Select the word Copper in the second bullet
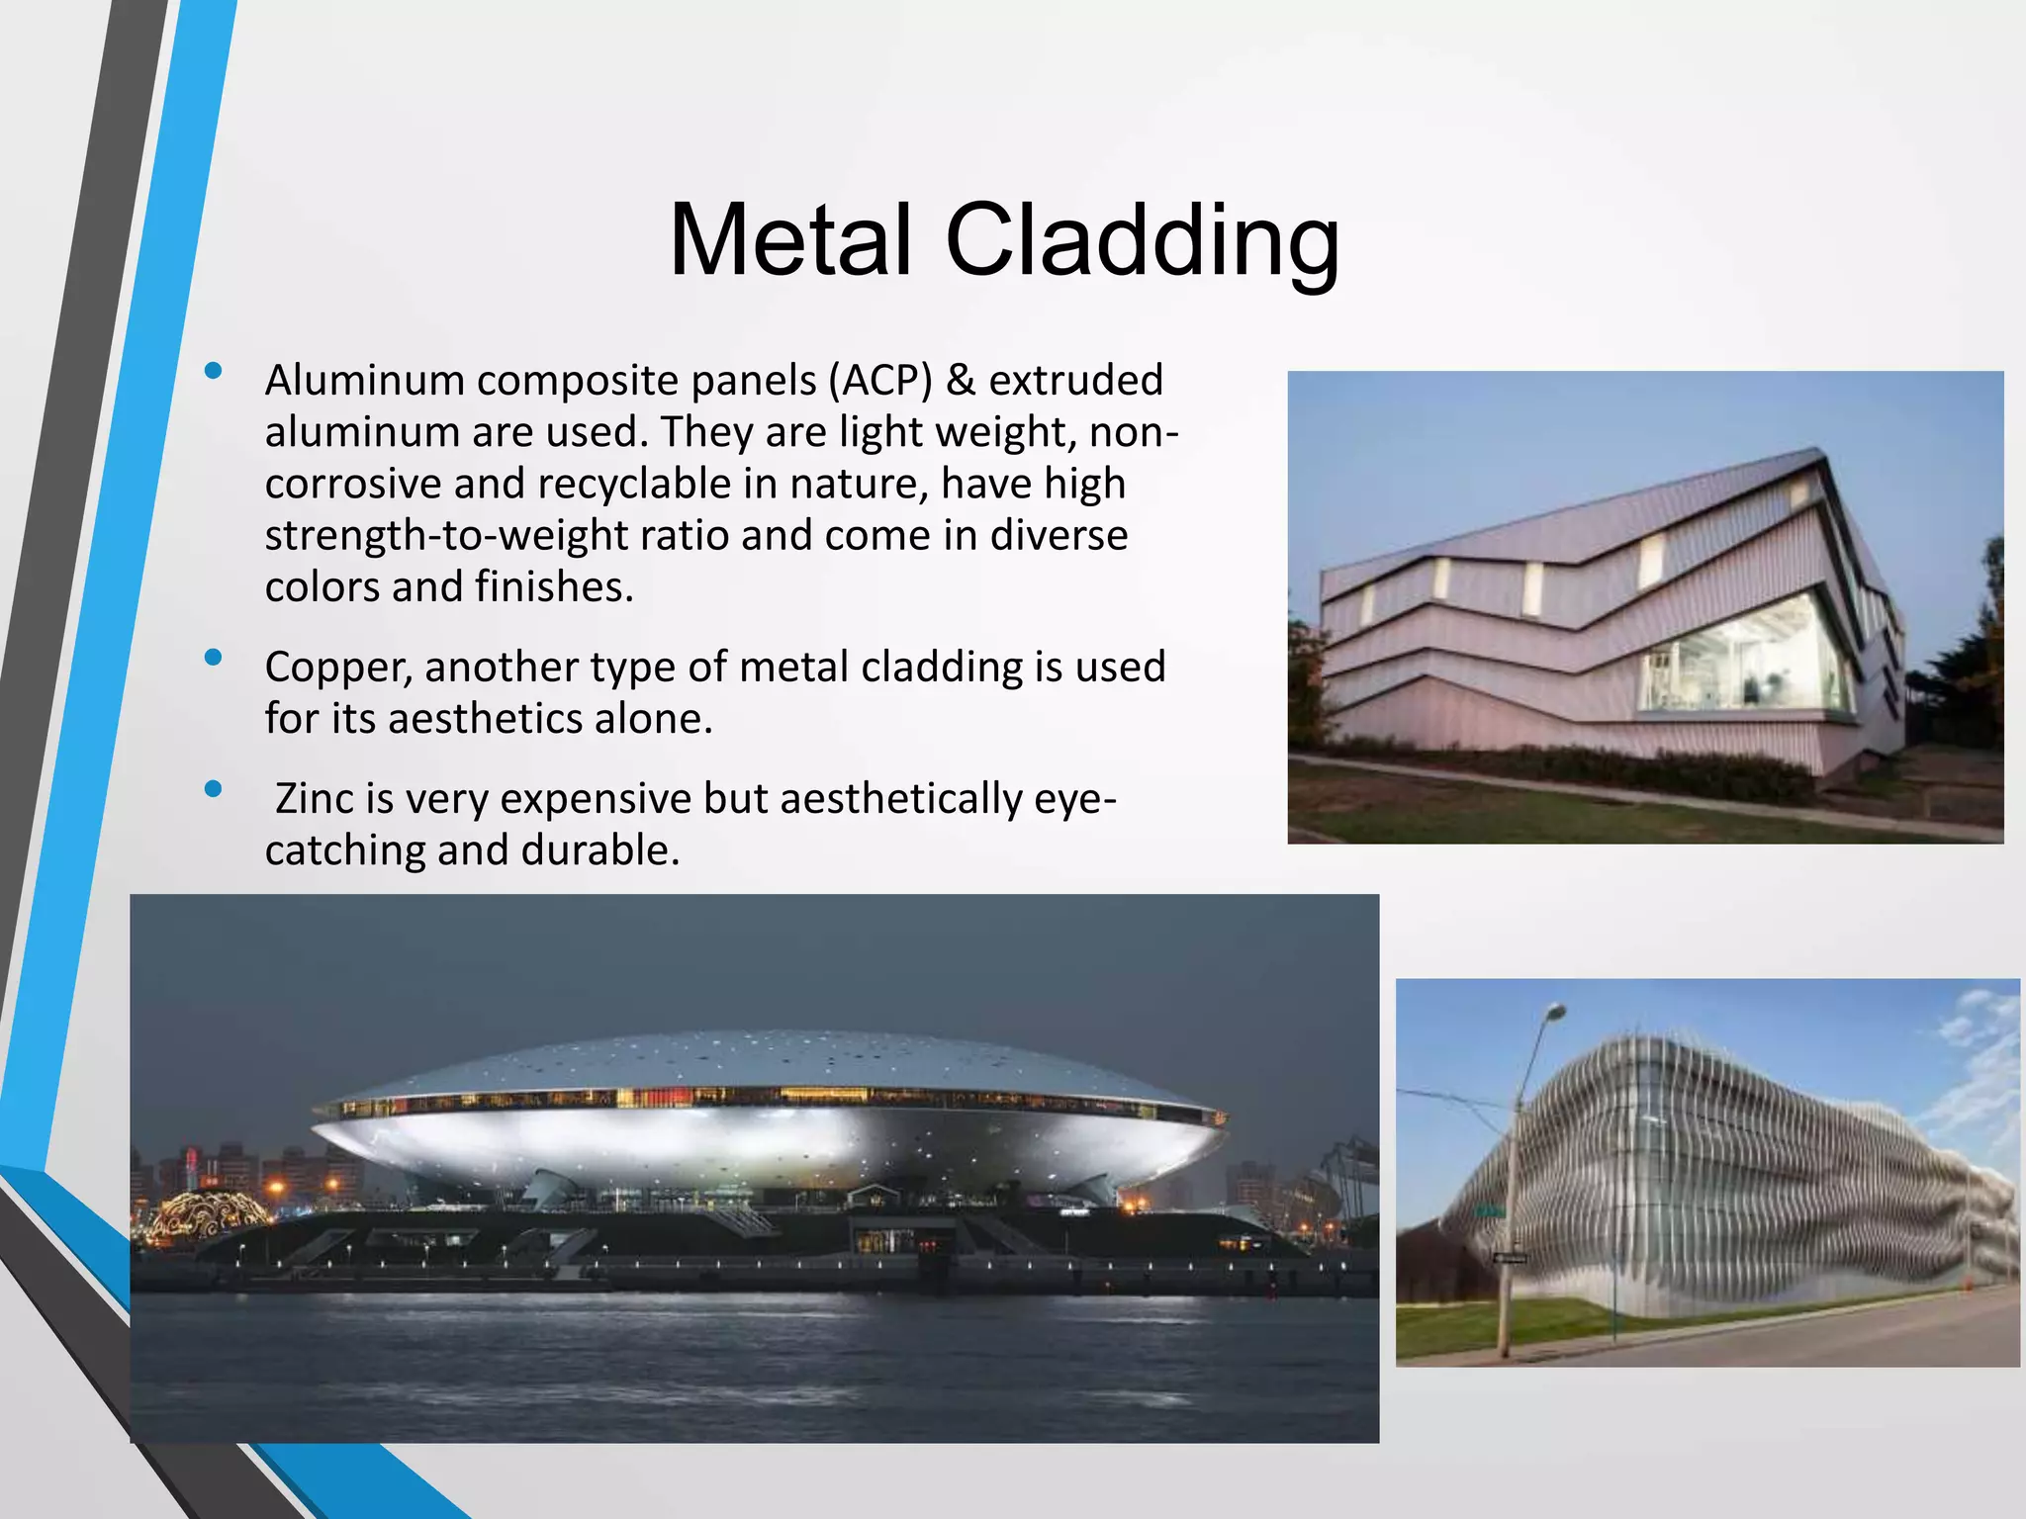[337, 668]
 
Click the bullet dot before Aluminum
[212, 372]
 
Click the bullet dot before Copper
[212, 658]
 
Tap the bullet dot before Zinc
[212, 789]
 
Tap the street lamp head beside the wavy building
[1555, 1012]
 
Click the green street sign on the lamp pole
[1489, 1210]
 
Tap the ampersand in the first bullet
[960, 381]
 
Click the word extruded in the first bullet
[1075, 381]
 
